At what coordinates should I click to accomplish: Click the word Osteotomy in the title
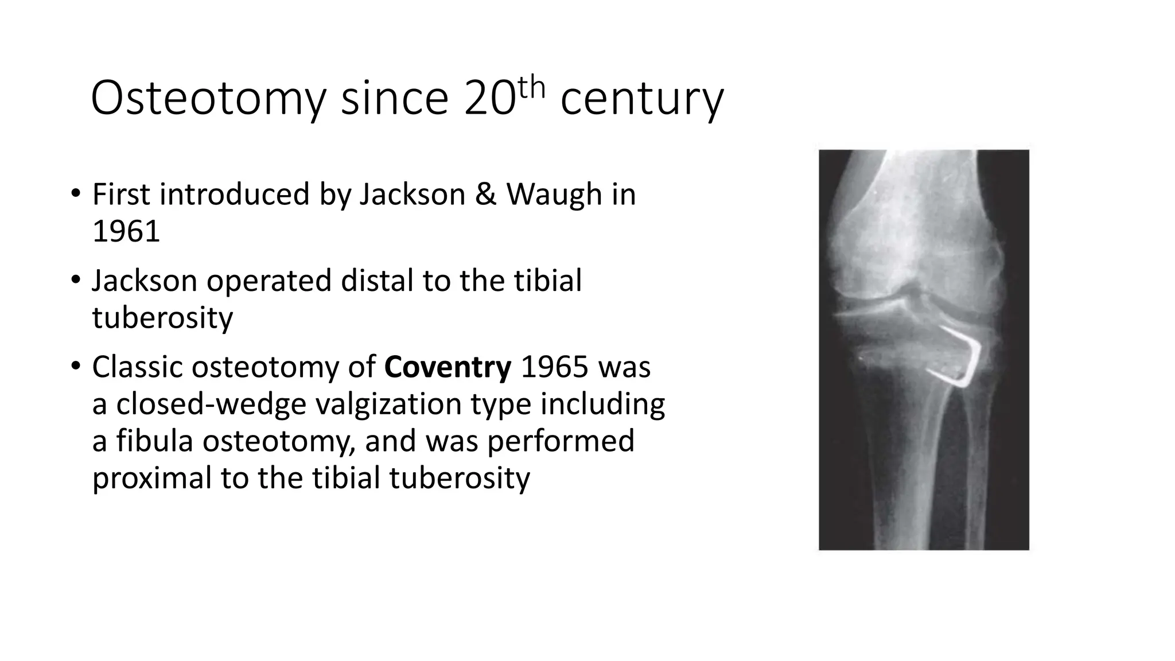[208, 99]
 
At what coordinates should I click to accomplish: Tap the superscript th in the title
[531, 88]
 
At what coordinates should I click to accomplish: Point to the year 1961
[126, 231]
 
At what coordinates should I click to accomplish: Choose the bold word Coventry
[448, 367]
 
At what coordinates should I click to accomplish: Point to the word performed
[561, 441]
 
